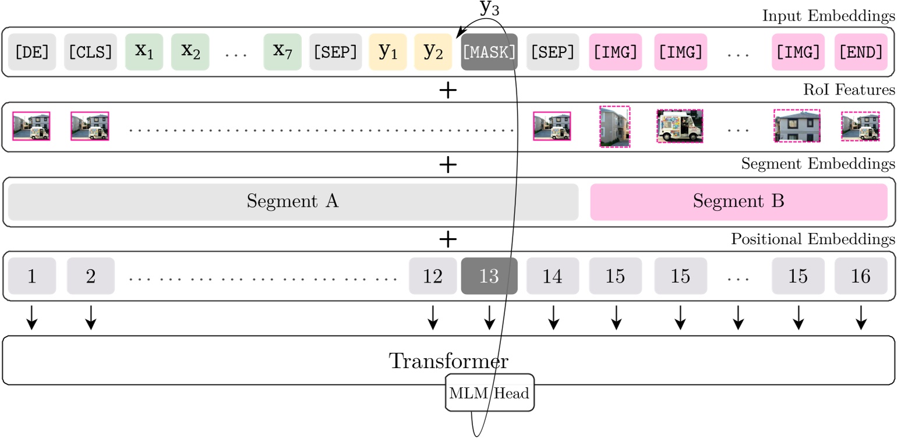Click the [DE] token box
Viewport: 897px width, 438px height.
[31, 52]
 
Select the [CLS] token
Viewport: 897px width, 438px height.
[90, 52]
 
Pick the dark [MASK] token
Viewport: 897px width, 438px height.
[489, 52]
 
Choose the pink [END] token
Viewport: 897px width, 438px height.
[861, 52]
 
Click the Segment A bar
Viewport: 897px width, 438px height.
[293, 202]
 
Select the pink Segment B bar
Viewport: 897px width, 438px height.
[739, 202]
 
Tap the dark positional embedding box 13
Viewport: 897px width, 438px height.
[489, 276]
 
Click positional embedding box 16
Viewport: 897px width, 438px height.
[861, 276]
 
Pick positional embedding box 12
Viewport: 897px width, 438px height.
[433, 276]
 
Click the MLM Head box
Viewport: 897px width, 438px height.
[489, 393]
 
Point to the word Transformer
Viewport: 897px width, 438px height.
[448, 361]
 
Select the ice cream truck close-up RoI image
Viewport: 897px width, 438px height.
[679, 127]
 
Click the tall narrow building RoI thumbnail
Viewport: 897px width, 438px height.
[615, 127]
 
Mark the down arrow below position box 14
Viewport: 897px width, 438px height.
[553, 317]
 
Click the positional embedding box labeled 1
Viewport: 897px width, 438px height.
[32, 276]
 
